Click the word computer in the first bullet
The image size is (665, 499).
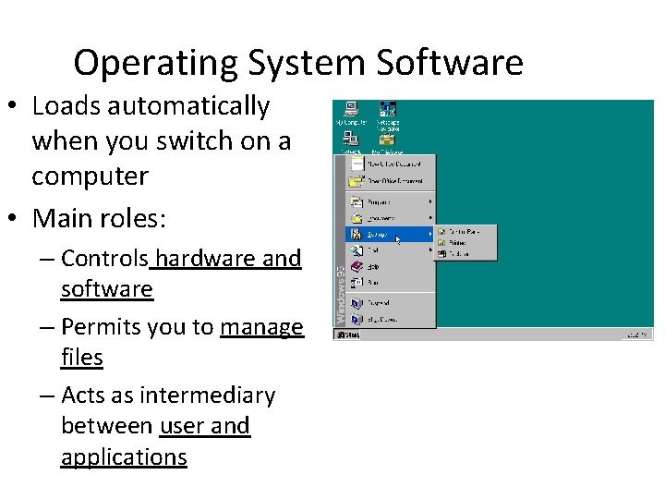click(90, 176)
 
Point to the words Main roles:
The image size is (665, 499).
click(99, 219)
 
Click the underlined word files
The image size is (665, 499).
click(81, 357)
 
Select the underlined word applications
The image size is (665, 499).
click(124, 457)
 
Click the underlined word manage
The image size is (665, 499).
click(261, 327)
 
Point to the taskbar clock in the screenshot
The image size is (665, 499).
click(637, 335)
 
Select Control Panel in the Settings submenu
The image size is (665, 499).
click(465, 231)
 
